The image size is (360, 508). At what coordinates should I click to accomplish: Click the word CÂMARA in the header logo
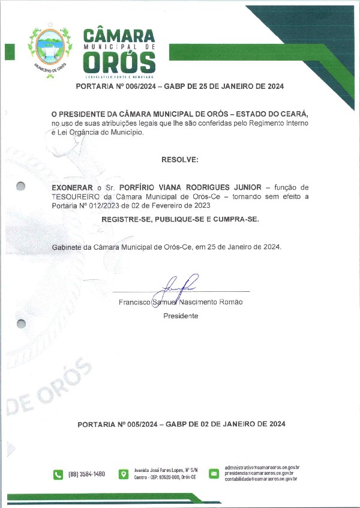[x=119, y=34]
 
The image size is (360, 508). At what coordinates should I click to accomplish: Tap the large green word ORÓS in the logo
[x=119, y=62]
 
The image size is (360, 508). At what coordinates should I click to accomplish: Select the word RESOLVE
[x=179, y=160]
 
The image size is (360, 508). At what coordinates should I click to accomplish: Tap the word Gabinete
[x=67, y=247]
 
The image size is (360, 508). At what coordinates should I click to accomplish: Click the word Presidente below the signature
[x=181, y=315]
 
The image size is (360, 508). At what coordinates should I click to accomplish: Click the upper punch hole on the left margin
[x=21, y=186]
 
